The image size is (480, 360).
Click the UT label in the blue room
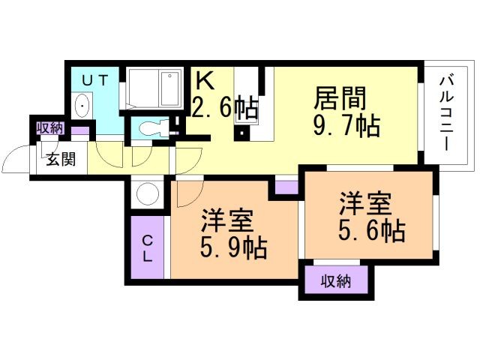coord(95,80)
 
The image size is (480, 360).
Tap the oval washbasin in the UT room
coord(82,105)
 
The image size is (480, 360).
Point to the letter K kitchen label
coord(205,80)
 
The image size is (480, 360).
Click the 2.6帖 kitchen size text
coord(225,107)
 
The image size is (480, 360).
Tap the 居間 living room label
coord(340,98)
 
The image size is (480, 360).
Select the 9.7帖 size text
coord(346,125)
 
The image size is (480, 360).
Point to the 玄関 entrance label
coord(61,159)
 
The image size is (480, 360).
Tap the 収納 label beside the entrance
coord(50,128)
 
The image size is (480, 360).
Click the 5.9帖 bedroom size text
coord(233,248)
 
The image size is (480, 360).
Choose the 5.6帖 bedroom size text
coord(372,231)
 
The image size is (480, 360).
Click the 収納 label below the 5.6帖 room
coord(336,281)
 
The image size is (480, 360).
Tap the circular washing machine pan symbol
coord(148,194)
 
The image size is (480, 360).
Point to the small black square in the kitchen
coord(241,133)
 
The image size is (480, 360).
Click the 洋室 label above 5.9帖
coord(227,220)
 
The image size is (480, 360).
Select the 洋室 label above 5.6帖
coord(365,203)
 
